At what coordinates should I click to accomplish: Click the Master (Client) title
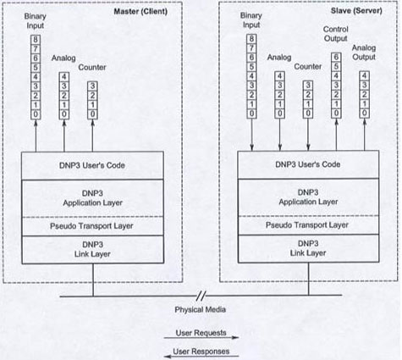coord(140,12)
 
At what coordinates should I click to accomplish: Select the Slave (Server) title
coord(356,11)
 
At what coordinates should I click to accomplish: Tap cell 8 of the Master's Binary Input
coord(36,40)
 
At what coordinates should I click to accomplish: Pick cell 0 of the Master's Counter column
coord(92,114)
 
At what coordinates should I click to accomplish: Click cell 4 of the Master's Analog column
coord(64,77)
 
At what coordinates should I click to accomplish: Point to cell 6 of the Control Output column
coord(336,58)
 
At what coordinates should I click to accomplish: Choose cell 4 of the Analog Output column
coord(364,76)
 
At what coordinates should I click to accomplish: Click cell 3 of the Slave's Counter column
coord(308,86)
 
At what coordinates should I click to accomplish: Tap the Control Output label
coord(336,34)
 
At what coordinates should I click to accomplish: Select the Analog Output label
coord(364,53)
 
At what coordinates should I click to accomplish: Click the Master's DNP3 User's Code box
coord(92,165)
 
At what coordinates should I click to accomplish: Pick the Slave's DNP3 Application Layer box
coord(308,197)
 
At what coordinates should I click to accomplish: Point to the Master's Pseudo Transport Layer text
coord(91,226)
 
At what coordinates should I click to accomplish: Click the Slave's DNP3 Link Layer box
coord(308,248)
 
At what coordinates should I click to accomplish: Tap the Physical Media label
coord(201,309)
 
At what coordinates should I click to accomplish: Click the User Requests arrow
coord(201,337)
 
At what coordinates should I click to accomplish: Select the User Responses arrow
coord(201,357)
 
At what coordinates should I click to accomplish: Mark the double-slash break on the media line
coord(201,296)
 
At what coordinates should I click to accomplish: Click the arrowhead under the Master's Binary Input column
coord(36,122)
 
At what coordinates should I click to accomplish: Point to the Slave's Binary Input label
coord(251,20)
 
